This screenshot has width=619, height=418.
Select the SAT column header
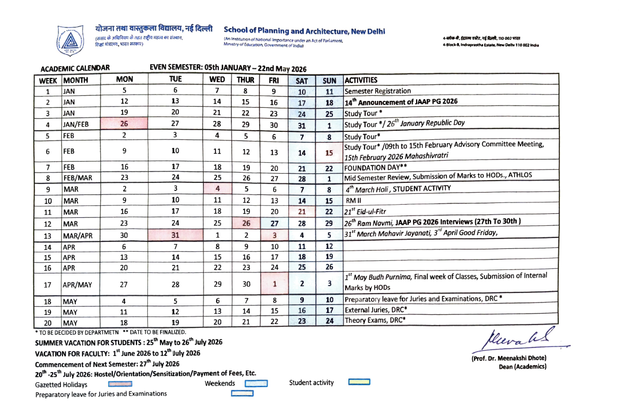coord(302,81)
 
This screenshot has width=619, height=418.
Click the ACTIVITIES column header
coord(361,80)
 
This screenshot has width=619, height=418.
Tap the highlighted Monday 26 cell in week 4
coord(124,124)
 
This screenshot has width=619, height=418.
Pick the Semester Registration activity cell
coord(378,91)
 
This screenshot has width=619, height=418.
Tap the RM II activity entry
coord(351,201)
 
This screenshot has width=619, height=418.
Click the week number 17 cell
coord(48,284)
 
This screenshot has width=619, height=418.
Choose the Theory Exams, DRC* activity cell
coord(372,321)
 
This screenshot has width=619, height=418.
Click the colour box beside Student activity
coord(359,382)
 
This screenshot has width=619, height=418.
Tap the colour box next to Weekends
coord(256,384)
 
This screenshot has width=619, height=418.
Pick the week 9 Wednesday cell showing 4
coord(217,189)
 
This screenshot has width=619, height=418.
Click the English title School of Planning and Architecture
coord(304,31)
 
